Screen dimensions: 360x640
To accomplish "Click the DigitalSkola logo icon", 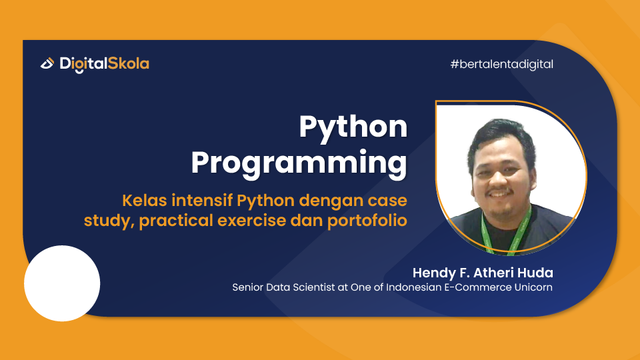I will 47,64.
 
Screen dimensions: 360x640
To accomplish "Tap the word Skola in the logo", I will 129,64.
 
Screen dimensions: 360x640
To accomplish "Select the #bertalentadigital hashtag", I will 502,65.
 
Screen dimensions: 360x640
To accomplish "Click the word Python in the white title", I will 353,127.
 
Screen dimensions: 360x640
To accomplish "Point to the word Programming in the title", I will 299,163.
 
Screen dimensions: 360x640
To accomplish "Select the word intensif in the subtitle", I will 199,201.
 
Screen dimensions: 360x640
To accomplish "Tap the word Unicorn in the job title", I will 533,288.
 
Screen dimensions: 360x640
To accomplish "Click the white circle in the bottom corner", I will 62,283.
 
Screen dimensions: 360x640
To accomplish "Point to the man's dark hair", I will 502,137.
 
